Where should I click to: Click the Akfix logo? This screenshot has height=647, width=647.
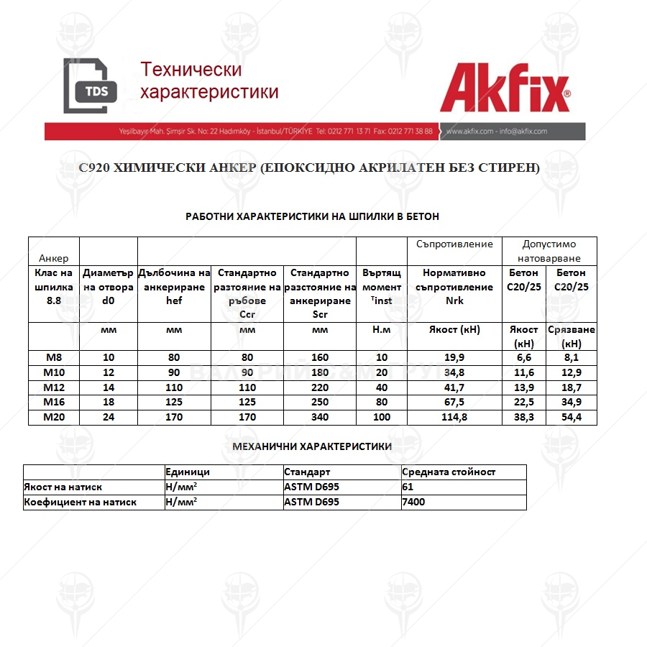coord(505,89)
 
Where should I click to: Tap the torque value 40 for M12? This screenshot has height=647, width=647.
coord(382,386)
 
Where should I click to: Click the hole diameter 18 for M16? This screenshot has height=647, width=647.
coord(108,401)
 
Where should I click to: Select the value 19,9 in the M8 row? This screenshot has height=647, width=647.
coord(454,357)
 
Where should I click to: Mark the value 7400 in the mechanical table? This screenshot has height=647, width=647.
coord(413,502)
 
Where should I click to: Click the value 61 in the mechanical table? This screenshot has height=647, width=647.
coord(408,487)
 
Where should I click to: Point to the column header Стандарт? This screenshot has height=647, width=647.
coord(307,472)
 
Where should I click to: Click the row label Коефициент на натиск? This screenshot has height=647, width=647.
coord(80,502)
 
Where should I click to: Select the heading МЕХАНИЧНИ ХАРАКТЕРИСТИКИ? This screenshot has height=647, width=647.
coord(312,446)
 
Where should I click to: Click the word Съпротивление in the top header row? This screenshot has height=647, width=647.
coord(454,244)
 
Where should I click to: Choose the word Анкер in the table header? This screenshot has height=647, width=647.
coord(54,258)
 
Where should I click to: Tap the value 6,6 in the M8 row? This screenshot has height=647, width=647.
coord(523,357)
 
